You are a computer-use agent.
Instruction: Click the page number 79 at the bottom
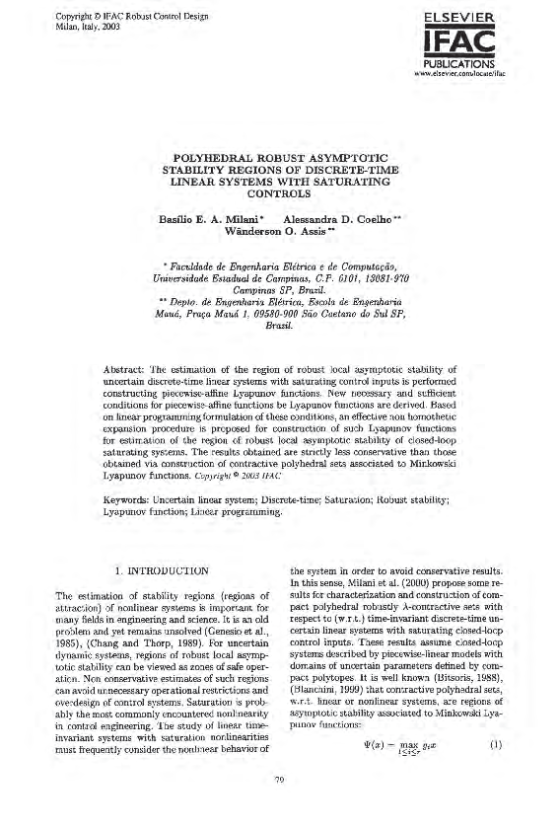[280, 806]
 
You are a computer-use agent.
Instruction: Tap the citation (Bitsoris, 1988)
[475, 680]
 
